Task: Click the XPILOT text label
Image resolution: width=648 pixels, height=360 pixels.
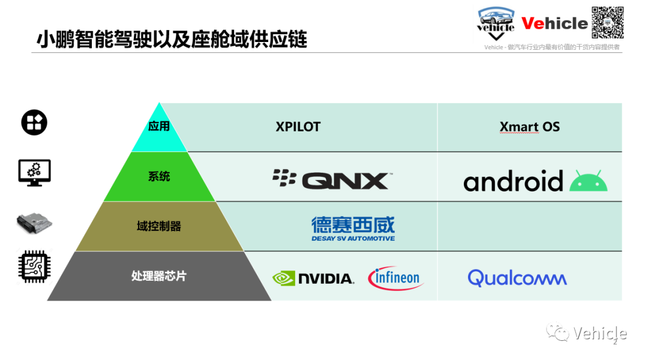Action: coord(298,127)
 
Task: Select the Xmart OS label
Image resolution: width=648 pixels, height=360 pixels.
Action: coord(529,127)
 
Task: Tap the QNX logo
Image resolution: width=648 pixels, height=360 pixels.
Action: coord(332,179)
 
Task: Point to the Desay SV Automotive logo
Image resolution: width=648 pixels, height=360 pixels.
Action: coord(353,229)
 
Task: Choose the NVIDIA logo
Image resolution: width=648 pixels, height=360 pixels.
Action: coord(313,278)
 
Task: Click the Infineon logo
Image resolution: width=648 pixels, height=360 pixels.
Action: coord(395,278)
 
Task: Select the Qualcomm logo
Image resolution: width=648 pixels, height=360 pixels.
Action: coord(517,278)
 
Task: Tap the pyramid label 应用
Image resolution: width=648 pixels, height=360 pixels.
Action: coord(159,126)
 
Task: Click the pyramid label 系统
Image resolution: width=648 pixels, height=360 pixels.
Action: coord(159,176)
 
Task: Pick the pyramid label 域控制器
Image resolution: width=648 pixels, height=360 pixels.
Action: coord(159,226)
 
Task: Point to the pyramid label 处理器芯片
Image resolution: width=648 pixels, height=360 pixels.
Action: coord(159,275)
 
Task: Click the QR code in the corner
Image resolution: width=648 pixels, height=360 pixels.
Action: coord(607,23)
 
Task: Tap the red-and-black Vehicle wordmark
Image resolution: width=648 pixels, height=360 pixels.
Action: coord(554,23)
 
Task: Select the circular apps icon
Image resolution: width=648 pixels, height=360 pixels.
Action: coord(34,122)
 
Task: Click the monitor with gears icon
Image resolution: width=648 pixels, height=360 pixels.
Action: coord(34,173)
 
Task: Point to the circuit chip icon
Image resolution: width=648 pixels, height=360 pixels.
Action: coord(34,266)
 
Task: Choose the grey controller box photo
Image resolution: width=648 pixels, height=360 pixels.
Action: coord(34,223)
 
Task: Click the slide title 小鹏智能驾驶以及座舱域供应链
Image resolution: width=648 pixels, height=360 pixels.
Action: coord(172,39)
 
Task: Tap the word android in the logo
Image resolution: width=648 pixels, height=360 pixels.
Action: coord(513,181)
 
